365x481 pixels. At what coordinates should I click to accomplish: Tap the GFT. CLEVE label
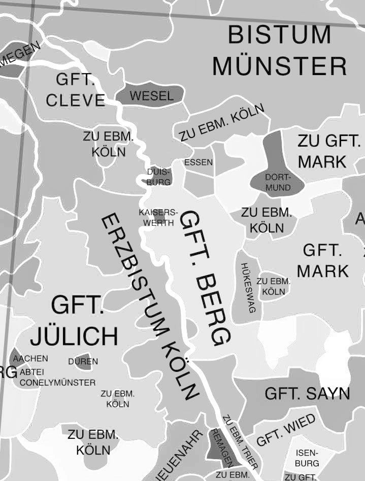[76, 90]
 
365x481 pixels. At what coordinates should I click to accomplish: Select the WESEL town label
[152, 96]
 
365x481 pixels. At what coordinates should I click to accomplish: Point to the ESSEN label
[198, 162]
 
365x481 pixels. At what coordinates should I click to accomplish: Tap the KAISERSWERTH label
[158, 218]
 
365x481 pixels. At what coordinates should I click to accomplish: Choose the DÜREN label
[83, 362]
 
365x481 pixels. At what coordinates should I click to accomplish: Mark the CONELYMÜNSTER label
[57, 383]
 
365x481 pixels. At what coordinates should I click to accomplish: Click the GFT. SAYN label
[307, 393]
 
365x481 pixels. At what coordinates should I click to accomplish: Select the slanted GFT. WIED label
[286, 430]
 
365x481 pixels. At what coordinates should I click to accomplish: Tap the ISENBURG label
[307, 458]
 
